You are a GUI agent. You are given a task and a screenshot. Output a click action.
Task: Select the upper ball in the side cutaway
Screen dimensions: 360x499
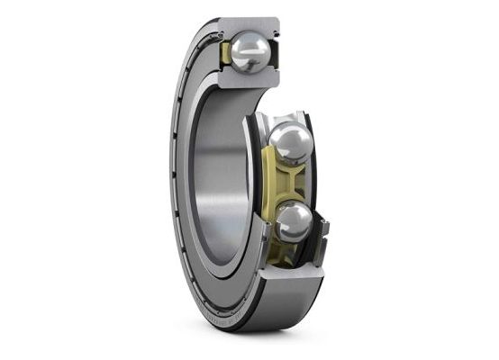289,141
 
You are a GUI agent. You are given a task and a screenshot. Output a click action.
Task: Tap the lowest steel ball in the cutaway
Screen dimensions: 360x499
295,220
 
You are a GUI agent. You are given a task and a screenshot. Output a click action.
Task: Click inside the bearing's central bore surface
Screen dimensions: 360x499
221,180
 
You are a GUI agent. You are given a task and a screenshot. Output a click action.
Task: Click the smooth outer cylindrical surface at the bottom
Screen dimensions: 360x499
270,319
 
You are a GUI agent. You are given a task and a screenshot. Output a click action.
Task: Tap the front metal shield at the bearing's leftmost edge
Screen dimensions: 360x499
172,180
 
